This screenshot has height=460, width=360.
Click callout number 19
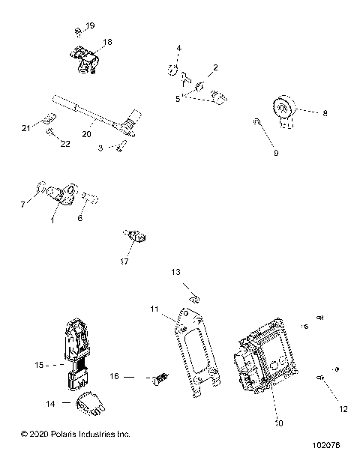[90, 26]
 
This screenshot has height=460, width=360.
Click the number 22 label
[65, 144]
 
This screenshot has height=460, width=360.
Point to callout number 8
[325, 114]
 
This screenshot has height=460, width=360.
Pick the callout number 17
[124, 261]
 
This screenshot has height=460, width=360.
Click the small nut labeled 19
[78, 31]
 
